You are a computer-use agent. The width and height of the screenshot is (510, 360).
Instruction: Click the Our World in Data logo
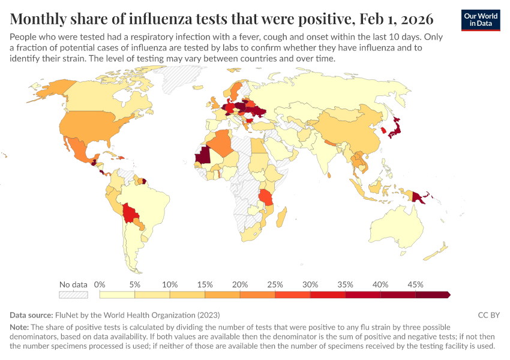[x=481, y=20]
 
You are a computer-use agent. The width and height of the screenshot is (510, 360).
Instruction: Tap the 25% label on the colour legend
[x=275, y=284]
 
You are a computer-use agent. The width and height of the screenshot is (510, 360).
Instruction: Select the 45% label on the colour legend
[x=415, y=284]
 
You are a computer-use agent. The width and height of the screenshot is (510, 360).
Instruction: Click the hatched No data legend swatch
[x=73, y=295]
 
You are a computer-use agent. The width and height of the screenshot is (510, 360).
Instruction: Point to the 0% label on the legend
[x=100, y=284]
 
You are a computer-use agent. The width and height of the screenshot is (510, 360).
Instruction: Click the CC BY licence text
[x=488, y=315]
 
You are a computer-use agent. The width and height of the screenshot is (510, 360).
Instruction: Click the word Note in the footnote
[x=19, y=328]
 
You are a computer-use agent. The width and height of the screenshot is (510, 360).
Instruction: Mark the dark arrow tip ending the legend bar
[x=448, y=295]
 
